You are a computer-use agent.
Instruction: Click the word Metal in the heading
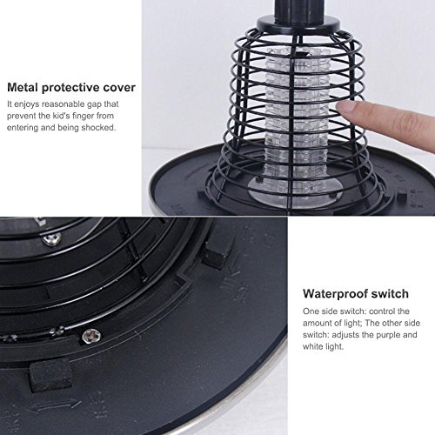[23, 87]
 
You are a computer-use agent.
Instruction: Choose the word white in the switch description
[314, 346]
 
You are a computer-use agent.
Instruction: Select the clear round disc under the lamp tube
[295, 191]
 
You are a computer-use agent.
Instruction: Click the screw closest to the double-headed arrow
[91, 335]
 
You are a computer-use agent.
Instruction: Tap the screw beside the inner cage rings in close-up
[51, 239]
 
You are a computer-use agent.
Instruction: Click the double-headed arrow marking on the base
[55, 405]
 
